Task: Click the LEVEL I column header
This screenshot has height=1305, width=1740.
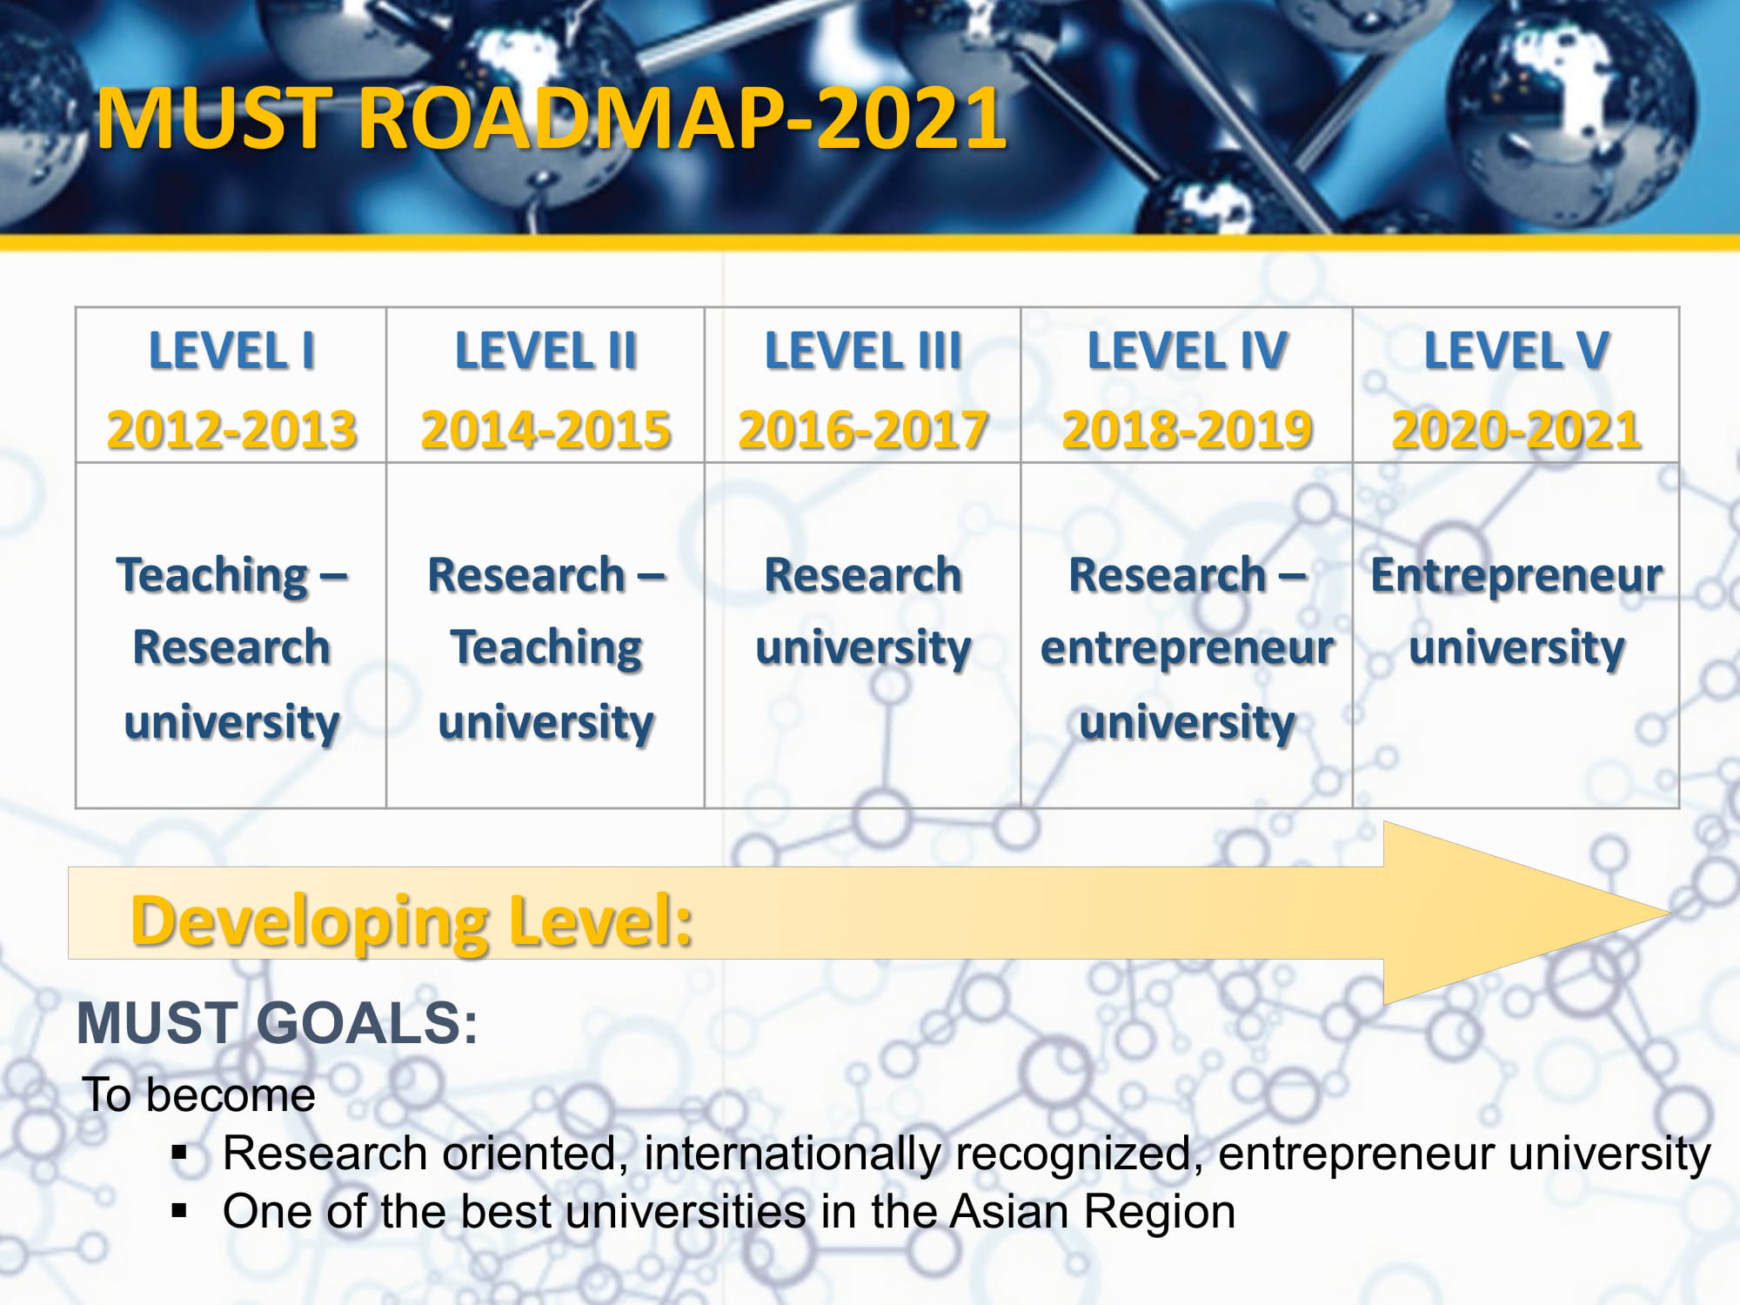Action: click(x=231, y=351)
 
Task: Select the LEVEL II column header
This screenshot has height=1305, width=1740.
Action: click(x=545, y=351)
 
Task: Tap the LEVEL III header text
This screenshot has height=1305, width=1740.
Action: click(x=863, y=351)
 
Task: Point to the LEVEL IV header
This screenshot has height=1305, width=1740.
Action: click(x=1188, y=351)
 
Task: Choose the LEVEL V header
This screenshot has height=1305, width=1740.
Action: click(x=1516, y=351)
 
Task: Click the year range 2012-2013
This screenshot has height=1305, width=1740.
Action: click(x=231, y=430)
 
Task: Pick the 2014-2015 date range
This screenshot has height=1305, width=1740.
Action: click(x=545, y=430)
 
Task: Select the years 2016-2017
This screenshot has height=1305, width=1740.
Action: click(x=863, y=430)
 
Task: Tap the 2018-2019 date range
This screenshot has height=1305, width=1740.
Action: click(x=1188, y=430)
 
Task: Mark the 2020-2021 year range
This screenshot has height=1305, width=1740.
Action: click(x=1516, y=430)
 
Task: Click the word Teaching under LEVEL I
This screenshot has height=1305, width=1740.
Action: click(x=212, y=576)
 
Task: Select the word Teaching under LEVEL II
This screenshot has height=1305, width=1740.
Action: click(x=546, y=649)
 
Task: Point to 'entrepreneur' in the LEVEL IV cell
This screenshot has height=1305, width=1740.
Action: click(x=1188, y=649)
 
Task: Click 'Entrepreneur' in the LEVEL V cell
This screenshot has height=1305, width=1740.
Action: click(x=1516, y=576)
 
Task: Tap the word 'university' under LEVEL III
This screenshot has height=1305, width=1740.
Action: click(x=863, y=649)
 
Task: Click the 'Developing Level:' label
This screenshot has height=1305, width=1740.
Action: click(x=412, y=922)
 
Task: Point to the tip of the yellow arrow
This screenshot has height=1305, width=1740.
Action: click(x=1668, y=913)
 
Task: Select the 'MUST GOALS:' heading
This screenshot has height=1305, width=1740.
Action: click(x=278, y=1023)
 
